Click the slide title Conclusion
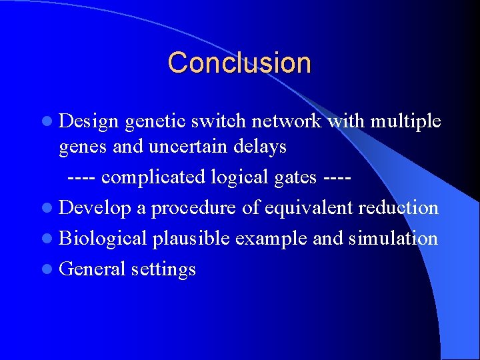(x=239, y=63)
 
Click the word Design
(x=89, y=121)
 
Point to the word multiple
(x=405, y=121)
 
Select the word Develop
(x=95, y=208)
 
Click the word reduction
(x=398, y=208)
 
